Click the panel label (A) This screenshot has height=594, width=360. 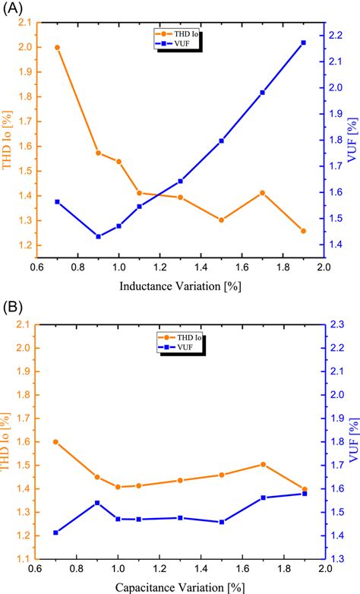point(13,8)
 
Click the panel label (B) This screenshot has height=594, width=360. point(13,309)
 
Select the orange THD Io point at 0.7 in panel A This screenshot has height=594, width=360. point(57,48)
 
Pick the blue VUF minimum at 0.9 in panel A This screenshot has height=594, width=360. point(98,236)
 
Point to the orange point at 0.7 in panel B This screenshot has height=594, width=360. point(57,442)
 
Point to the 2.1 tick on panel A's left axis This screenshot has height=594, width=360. point(26,23)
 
